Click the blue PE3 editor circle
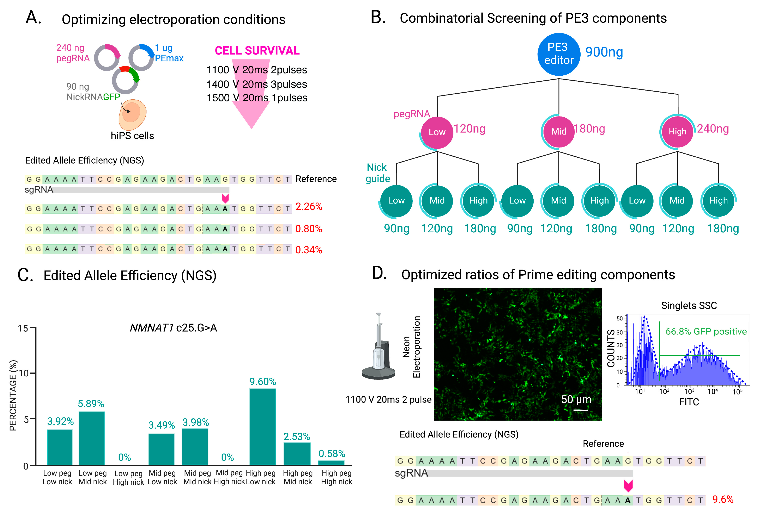559,54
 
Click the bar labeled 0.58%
331,462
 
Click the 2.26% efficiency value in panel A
309,207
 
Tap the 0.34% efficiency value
309,250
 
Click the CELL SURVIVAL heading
257,51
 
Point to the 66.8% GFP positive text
706,332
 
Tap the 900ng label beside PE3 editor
604,52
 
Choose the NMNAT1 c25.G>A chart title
173,328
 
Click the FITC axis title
689,402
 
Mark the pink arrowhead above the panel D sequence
628,486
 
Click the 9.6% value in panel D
723,499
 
